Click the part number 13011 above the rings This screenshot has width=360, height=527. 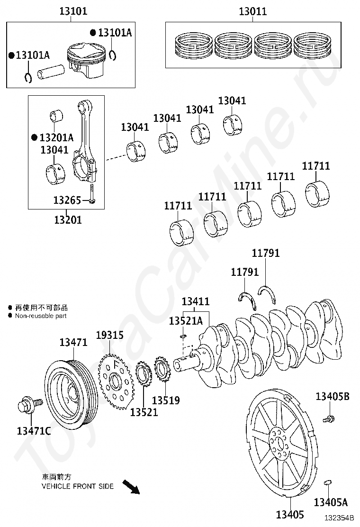[x=252, y=11]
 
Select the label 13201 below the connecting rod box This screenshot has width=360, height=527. [x=67, y=219]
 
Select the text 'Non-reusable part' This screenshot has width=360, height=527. [x=41, y=316]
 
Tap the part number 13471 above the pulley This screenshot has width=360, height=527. [x=73, y=342]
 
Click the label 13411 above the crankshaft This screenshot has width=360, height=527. [x=196, y=301]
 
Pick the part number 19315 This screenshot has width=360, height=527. [x=109, y=336]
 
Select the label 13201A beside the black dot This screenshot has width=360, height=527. [x=56, y=138]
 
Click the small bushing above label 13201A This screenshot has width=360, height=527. [x=57, y=115]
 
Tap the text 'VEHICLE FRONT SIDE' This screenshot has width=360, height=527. [x=78, y=486]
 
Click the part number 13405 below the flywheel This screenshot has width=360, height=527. [x=290, y=515]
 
